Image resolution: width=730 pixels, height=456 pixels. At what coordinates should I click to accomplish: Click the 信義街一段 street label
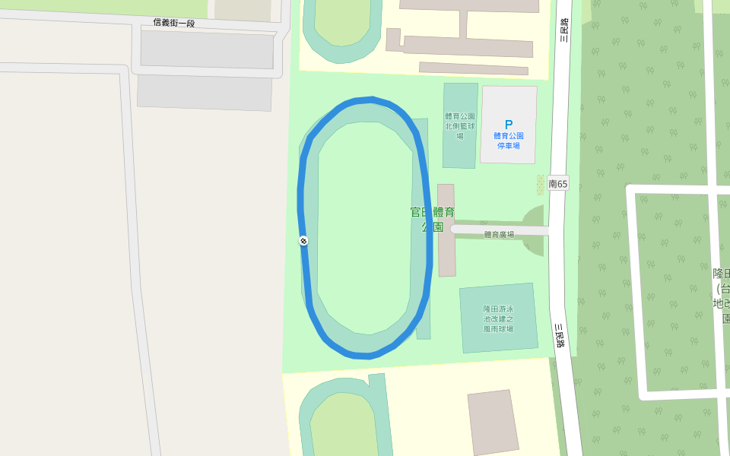174,23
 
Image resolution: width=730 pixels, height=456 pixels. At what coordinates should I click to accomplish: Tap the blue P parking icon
509,125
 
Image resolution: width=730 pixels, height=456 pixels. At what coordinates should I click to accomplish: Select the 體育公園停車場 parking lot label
509,141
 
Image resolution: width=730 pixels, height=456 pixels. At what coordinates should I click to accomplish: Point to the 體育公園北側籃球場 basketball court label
460,125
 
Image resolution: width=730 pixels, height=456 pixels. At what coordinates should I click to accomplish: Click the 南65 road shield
557,183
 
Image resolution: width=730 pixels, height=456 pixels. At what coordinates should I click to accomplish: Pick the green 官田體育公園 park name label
432,219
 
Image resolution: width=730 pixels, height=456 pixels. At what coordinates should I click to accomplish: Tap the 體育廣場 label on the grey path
499,234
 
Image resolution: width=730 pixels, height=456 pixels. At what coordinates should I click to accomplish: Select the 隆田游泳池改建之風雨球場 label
498,318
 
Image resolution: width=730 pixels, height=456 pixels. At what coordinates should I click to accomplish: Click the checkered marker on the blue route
303,241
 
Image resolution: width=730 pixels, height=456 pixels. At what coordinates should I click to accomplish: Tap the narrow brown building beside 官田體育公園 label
446,230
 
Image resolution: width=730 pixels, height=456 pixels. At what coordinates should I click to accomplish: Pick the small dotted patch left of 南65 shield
541,184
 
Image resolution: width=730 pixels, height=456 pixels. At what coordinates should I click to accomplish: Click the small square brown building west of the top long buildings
393,40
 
